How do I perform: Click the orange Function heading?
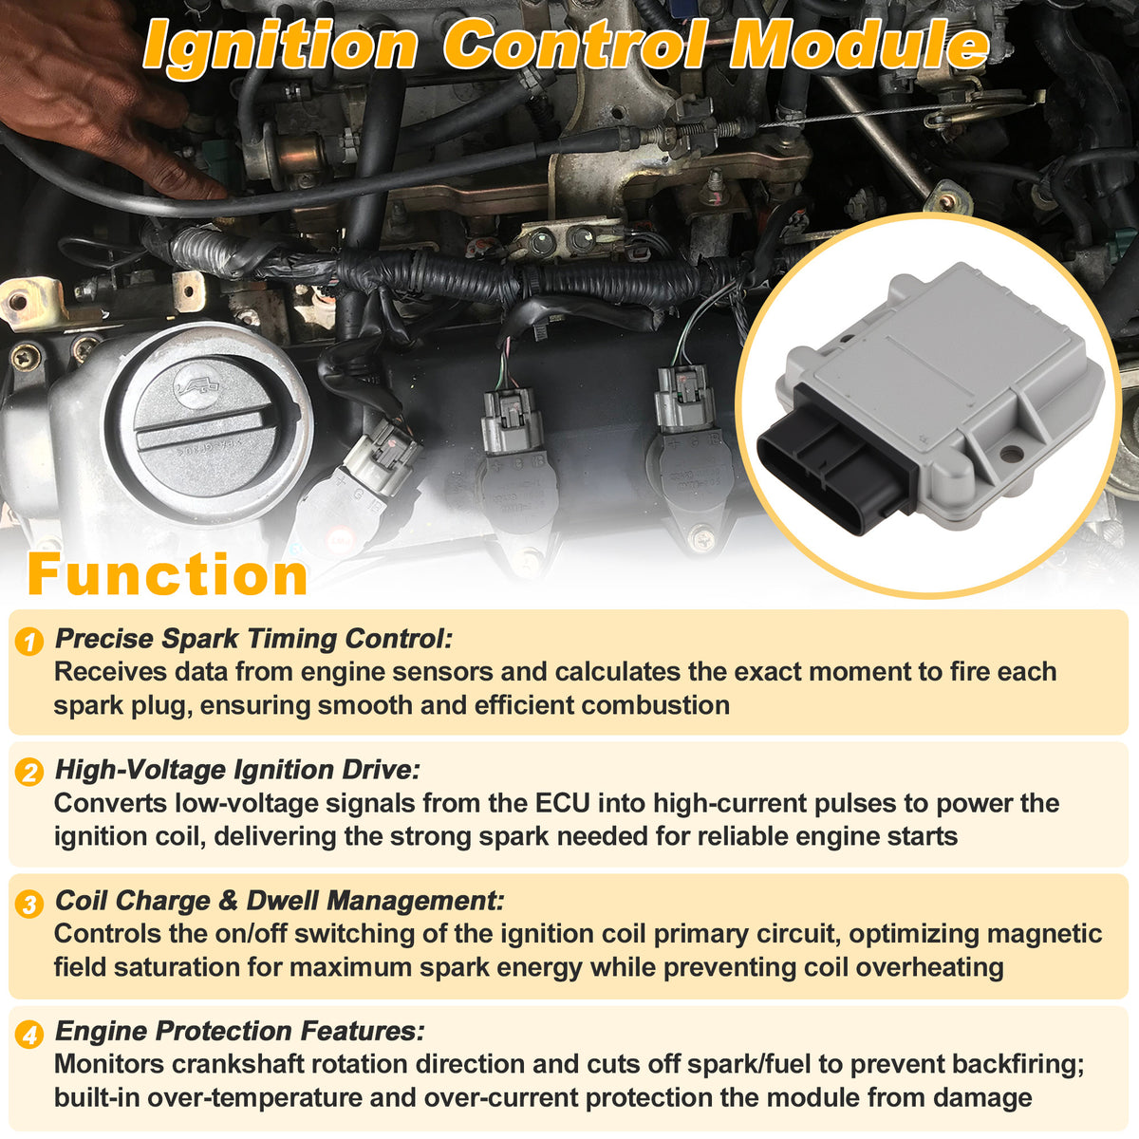click(x=168, y=574)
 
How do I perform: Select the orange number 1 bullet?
click(x=29, y=642)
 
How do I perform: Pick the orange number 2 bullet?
click(x=29, y=773)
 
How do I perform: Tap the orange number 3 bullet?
click(x=29, y=904)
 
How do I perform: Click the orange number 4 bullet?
click(x=29, y=1035)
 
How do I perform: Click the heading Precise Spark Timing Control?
click(x=253, y=639)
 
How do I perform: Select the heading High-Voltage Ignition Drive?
click(x=237, y=770)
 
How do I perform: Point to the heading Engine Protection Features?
click(x=239, y=1032)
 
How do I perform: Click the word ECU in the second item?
click(x=563, y=803)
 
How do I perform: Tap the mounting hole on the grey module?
click(x=1011, y=454)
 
